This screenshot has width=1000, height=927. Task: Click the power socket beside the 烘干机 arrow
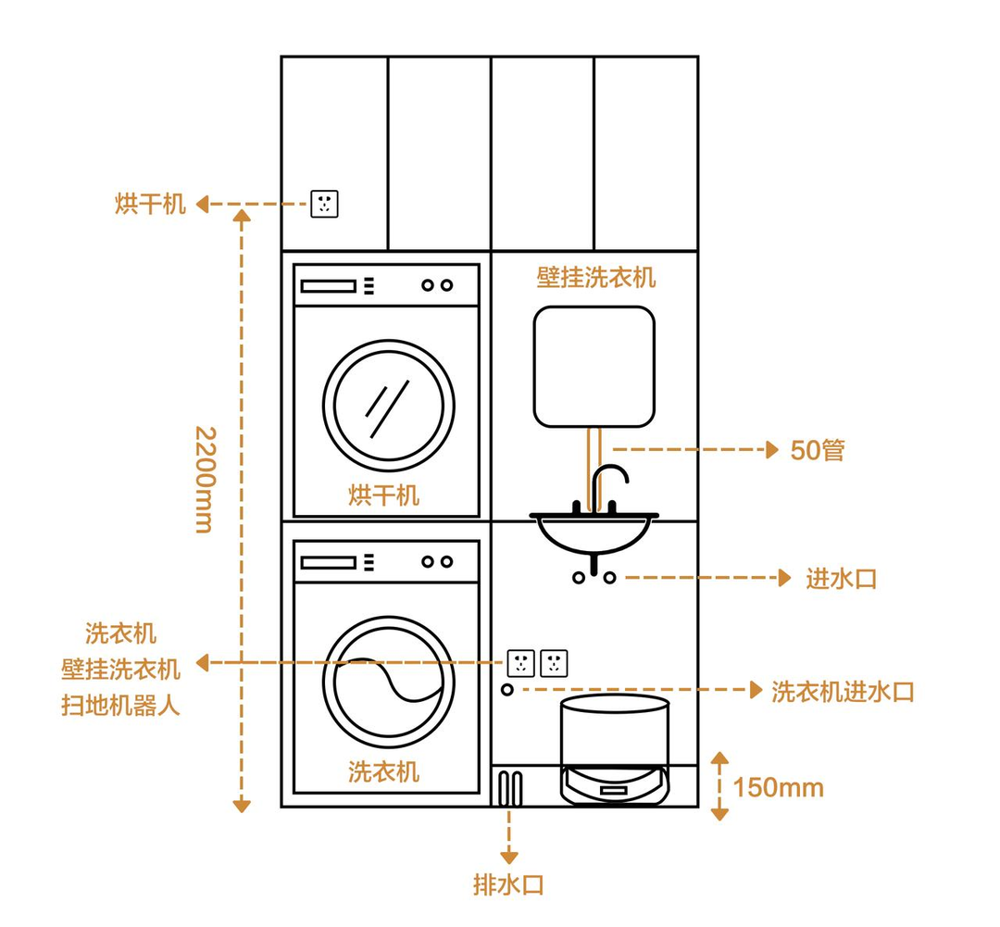(324, 204)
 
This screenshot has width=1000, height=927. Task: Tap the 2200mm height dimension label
(205, 479)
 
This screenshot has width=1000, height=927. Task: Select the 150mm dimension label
(778, 788)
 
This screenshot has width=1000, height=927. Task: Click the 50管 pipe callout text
(818, 451)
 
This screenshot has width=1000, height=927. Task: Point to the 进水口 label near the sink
(841, 579)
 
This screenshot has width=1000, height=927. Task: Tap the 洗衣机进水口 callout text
(843, 691)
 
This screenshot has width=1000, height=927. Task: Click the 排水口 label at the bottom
(508, 884)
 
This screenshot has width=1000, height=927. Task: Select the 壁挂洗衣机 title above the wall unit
(595, 277)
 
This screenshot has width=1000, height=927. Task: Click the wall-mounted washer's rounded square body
(594, 367)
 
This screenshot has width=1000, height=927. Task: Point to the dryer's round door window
(389, 406)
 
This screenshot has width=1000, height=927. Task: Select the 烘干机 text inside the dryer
(383, 495)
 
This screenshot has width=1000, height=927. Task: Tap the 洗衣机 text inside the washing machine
(383, 771)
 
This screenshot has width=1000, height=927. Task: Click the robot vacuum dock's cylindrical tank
(615, 732)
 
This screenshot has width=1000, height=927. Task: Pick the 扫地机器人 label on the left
(120, 706)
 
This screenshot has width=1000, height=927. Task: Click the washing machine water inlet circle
(507, 690)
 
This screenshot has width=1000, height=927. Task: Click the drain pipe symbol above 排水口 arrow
(509, 788)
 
